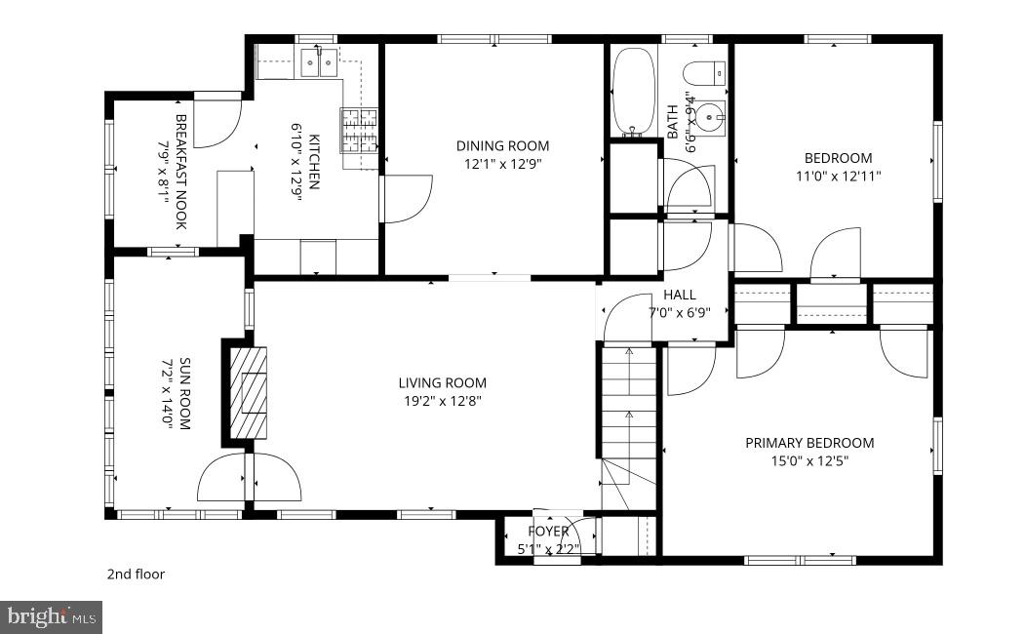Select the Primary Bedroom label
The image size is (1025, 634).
809,443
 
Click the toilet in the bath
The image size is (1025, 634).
705,73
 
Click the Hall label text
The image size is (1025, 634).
679,295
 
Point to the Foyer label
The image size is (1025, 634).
548,532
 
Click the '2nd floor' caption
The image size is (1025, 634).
136,575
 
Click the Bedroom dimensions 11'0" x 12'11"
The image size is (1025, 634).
838,177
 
